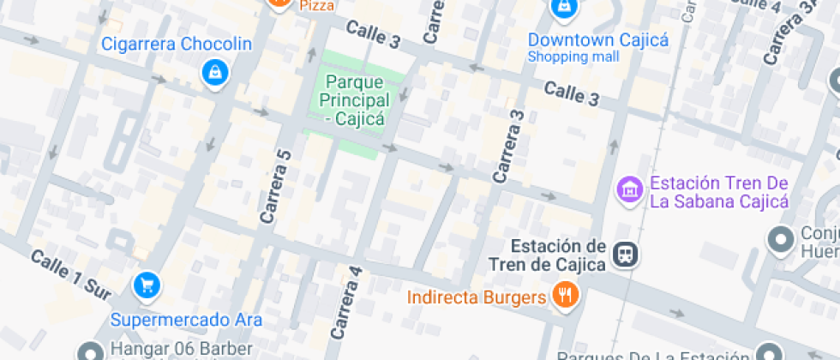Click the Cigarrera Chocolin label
tap(177, 44)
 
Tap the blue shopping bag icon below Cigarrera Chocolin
tap(213, 74)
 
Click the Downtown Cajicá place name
tap(597, 40)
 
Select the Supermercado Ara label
tap(186, 321)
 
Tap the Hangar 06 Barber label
tap(182, 349)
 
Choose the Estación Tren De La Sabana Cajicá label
tap(718, 192)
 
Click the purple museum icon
tap(630, 189)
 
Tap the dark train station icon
tap(626, 253)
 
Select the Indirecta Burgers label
tap(477, 297)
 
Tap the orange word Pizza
tap(317, 6)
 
